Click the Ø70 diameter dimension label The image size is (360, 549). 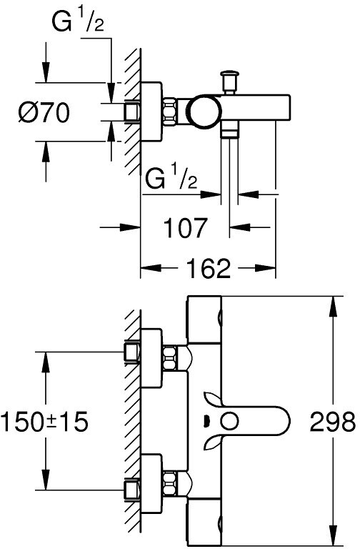click(44, 112)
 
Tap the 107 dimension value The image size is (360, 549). click(186, 227)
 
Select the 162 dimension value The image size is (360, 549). click(209, 268)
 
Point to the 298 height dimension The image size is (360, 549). click(332, 421)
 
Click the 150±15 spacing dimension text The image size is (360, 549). click(44, 421)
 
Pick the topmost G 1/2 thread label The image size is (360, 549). click(78, 21)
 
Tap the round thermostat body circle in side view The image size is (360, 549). click(206, 112)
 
